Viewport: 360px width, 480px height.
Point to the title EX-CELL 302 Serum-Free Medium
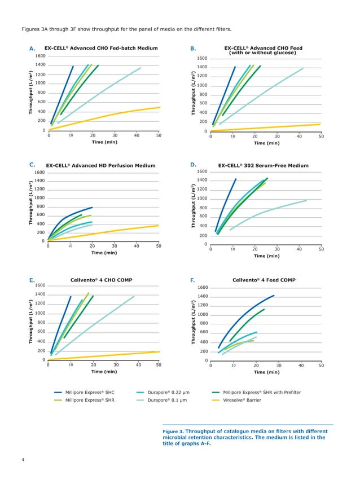coord(263,165)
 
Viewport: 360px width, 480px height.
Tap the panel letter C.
coord(32,165)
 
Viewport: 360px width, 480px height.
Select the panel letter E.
coord(32,279)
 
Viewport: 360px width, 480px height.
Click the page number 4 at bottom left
coord(23,461)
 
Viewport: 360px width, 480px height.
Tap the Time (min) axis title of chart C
coord(104,253)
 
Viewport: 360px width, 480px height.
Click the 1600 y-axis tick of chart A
coord(40,56)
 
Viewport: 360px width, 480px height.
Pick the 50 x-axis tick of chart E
coord(158,364)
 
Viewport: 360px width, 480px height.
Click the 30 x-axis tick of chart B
coord(276,136)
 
